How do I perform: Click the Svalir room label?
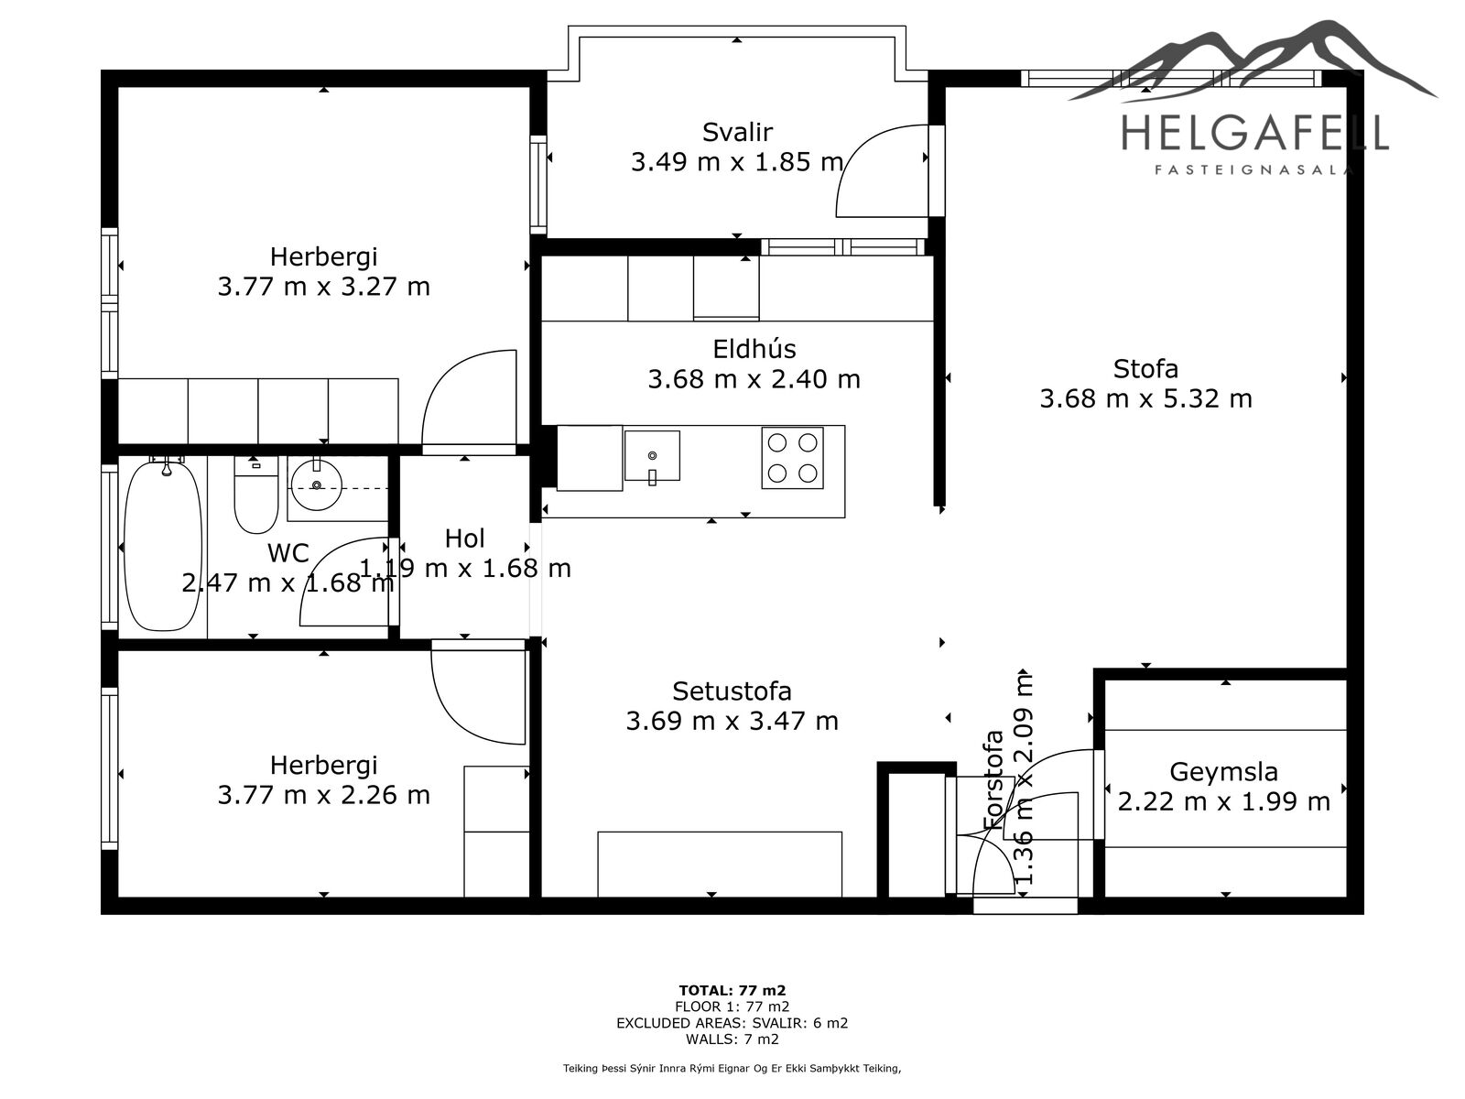click(737, 132)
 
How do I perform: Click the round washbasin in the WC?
click(317, 484)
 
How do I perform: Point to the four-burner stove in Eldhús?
click(792, 458)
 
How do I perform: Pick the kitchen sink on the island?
click(652, 456)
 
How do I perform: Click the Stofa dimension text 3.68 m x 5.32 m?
click(1145, 399)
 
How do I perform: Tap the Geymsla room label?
click(1223, 772)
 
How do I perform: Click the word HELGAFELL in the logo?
click(1254, 133)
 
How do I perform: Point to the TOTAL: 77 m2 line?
click(732, 990)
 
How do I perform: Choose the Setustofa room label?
click(732, 691)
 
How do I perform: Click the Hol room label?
click(464, 539)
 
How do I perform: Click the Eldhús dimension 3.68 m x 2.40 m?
click(754, 380)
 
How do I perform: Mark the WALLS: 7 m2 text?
click(732, 1039)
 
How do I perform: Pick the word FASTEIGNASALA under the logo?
click(1253, 170)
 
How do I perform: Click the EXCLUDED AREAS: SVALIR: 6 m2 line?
click(732, 1023)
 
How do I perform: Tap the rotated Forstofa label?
click(993, 779)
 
